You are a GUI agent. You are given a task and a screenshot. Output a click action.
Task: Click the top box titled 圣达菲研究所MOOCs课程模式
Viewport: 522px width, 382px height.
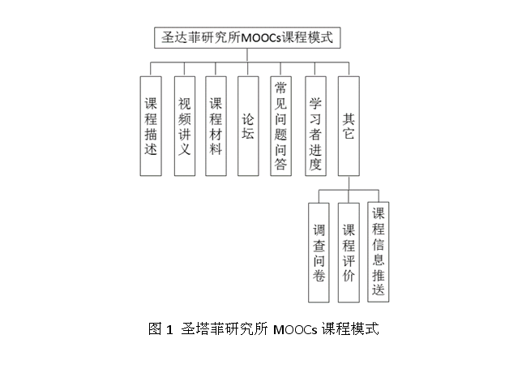247,37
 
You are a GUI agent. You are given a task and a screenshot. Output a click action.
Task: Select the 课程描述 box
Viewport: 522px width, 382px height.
151,126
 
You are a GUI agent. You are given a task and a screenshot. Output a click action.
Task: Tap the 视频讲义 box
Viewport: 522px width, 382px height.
185,126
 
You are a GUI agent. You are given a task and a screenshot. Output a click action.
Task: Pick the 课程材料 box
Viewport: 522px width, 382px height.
216,126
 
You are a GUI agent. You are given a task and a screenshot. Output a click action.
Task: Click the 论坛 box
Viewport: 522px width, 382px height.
248,126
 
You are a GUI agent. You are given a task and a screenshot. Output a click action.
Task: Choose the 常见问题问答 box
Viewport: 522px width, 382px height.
280,126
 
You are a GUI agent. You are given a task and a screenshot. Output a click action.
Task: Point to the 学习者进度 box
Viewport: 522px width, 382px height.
315,126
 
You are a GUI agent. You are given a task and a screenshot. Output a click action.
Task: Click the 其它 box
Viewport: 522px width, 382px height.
349,126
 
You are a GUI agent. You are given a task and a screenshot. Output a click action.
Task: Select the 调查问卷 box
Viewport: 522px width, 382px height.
319,252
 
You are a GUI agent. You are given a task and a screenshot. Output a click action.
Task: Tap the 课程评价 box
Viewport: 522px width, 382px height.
349,252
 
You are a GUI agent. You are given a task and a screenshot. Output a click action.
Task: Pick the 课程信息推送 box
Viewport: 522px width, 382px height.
379,251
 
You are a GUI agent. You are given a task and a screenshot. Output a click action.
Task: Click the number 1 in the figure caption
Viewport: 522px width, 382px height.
169,330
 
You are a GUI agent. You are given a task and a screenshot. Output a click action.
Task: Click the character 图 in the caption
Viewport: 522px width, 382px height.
155,329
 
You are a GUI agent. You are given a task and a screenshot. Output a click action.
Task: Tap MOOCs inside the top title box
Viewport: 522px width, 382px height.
261,37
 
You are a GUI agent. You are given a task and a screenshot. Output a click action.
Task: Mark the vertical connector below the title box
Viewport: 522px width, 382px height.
247,55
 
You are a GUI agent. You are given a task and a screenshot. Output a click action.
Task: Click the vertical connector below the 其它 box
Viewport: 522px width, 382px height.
349,182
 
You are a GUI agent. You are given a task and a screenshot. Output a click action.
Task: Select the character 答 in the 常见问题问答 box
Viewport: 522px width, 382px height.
280,164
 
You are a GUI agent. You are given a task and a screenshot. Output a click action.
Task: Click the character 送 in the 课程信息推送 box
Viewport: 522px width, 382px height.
379,289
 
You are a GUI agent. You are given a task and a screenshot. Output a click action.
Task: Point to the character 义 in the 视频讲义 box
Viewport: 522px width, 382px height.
185,149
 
